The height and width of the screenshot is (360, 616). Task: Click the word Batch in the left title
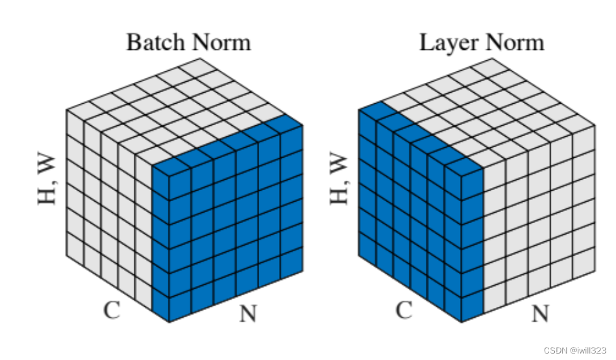click(x=154, y=43)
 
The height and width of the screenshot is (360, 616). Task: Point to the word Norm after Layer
click(x=513, y=43)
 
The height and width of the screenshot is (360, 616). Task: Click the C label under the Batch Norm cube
click(x=112, y=310)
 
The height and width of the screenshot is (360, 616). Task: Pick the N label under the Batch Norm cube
click(x=247, y=315)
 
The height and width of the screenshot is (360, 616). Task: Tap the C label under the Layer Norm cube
click(x=404, y=310)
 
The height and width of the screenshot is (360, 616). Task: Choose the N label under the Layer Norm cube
click(x=539, y=315)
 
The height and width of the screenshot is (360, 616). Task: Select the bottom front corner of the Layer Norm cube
click(x=462, y=321)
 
